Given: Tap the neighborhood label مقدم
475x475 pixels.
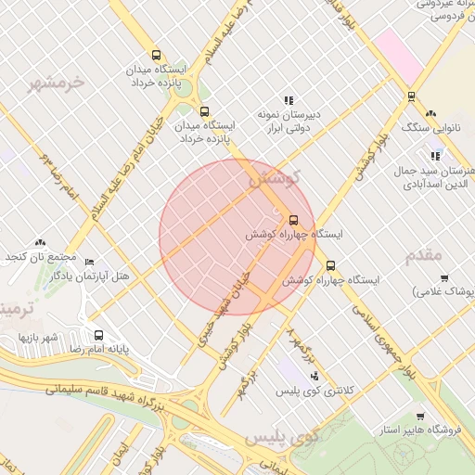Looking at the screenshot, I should [x=423, y=254].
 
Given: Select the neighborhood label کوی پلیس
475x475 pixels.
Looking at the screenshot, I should [x=282, y=435].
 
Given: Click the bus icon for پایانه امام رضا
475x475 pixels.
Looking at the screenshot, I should [x=98, y=335].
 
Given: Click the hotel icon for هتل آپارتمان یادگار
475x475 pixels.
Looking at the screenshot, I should [x=89, y=263].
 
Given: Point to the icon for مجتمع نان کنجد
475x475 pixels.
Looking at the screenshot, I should [x=39, y=242].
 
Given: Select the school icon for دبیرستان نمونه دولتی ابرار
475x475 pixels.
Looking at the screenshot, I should [x=289, y=100].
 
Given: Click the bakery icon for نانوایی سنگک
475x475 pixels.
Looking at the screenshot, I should [x=430, y=112].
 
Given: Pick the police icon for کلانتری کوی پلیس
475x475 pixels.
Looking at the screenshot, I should [x=315, y=377].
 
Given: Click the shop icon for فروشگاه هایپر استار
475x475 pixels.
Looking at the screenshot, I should [x=420, y=417].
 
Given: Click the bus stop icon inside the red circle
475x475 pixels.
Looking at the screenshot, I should [x=294, y=220].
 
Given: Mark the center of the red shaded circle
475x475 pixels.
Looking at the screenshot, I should [x=237, y=237].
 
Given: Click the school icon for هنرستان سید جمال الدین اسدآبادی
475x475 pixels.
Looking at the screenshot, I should [x=435, y=156].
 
